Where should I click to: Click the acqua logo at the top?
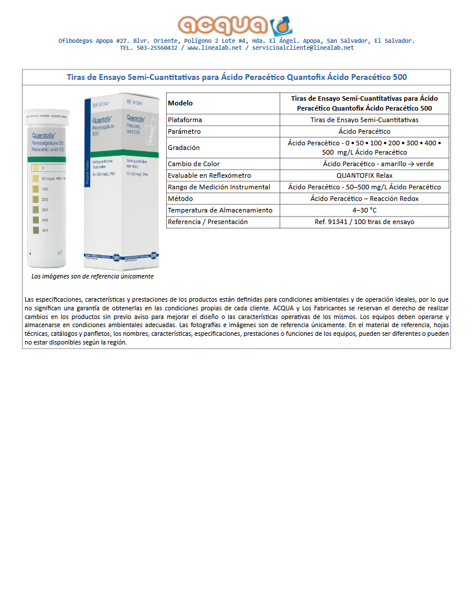point(236,24)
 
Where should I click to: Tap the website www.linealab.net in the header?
point(214,48)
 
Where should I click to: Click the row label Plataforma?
point(185,120)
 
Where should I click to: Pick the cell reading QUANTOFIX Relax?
point(364,175)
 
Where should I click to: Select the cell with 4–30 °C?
point(364,210)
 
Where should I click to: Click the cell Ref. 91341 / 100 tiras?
point(364,222)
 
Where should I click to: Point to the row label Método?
point(180,199)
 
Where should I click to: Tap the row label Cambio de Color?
point(193,164)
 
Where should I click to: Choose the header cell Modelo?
point(180,103)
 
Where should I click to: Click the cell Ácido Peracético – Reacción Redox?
point(364,199)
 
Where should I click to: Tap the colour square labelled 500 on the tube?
point(35,231)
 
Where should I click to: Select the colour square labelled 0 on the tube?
point(35,168)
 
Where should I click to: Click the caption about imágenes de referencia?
point(93,277)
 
